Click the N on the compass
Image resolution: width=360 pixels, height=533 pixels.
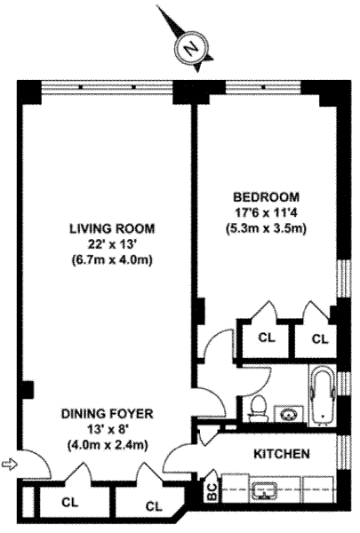pos(191,48)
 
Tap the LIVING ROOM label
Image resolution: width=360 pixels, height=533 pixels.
pos(112,228)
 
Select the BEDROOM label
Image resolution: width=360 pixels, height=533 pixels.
pos(266,197)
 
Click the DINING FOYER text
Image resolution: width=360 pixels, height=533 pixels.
pos(108,414)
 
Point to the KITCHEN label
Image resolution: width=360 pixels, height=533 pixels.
pos(282,453)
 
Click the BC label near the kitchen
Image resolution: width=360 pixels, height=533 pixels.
pos(212,491)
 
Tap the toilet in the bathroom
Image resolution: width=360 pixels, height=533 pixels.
pos(258,408)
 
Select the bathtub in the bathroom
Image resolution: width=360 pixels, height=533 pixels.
pos(323,395)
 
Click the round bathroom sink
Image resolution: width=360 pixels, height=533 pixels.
pos(289,414)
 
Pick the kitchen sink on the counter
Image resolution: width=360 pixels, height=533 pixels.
pos(265,489)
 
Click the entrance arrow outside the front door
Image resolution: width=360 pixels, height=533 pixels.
pos(9,464)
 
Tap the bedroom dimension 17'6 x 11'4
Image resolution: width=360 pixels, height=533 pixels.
pos(267,213)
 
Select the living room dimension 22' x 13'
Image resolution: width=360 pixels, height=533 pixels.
pos(112,244)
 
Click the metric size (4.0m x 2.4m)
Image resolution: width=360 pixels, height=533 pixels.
pos(108,445)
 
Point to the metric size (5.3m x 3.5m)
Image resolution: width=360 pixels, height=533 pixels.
pos(267,228)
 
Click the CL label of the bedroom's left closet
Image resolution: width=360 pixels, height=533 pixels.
pos(267,338)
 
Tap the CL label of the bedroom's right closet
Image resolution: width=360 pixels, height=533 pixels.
pos(320,338)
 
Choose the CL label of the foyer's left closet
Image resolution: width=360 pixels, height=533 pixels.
pos(70,502)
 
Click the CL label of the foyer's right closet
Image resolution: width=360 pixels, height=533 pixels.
pos(154,506)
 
